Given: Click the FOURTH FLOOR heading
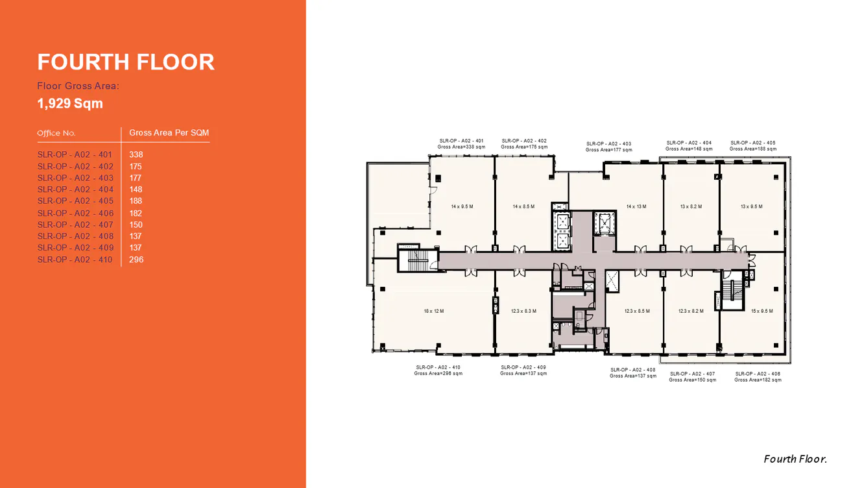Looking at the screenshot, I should coord(126,62).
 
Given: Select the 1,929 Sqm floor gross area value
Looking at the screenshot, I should coord(70,103).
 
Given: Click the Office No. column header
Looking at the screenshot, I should coord(56,133).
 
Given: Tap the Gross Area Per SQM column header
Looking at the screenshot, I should coord(169,132).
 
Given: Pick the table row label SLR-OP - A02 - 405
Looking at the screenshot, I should coord(75,201).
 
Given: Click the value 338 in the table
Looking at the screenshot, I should coord(136,154).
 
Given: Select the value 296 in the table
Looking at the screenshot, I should coord(136,260).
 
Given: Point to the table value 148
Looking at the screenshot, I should coord(136,189).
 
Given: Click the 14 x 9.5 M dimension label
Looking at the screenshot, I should coord(462,206).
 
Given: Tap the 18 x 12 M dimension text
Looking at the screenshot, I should coord(434,311).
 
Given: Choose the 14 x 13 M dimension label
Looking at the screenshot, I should coord(636,206).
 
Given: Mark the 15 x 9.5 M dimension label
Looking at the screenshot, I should coord(761,311).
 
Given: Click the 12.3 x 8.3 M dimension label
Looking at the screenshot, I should coord(523,311).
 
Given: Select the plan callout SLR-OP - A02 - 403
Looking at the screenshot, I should coord(608,144).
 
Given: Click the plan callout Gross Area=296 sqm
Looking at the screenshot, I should coord(438,374).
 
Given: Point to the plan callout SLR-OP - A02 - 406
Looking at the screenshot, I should coord(758,374).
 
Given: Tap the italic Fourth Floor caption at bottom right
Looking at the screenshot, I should coord(795,459).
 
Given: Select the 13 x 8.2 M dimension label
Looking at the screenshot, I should coord(691,206).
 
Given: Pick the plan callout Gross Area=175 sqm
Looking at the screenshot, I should coord(524,147).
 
